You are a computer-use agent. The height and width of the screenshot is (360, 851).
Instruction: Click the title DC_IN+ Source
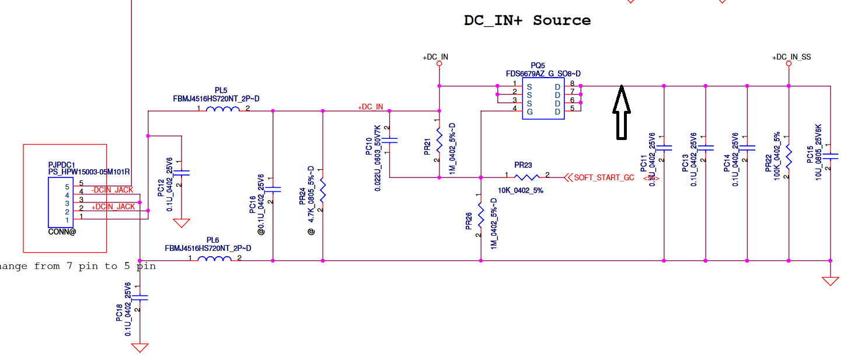tap(527, 20)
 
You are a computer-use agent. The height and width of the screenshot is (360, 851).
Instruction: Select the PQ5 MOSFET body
tap(543, 99)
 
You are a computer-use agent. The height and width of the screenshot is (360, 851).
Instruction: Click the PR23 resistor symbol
tap(528, 177)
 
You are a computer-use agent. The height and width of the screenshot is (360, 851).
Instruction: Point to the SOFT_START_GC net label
tap(604, 177)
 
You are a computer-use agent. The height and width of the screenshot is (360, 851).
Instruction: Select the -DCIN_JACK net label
tap(113, 190)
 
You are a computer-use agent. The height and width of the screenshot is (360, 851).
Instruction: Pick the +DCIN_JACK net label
tap(113, 207)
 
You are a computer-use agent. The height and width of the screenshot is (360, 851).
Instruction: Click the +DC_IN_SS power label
tap(791, 57)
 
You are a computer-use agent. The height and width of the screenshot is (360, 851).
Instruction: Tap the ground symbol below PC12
tap(182, 223)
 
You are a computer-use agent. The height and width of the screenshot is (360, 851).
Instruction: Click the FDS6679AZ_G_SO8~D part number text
tap(543, 74)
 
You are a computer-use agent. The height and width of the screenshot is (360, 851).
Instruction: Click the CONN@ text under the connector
tap(62, 232)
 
